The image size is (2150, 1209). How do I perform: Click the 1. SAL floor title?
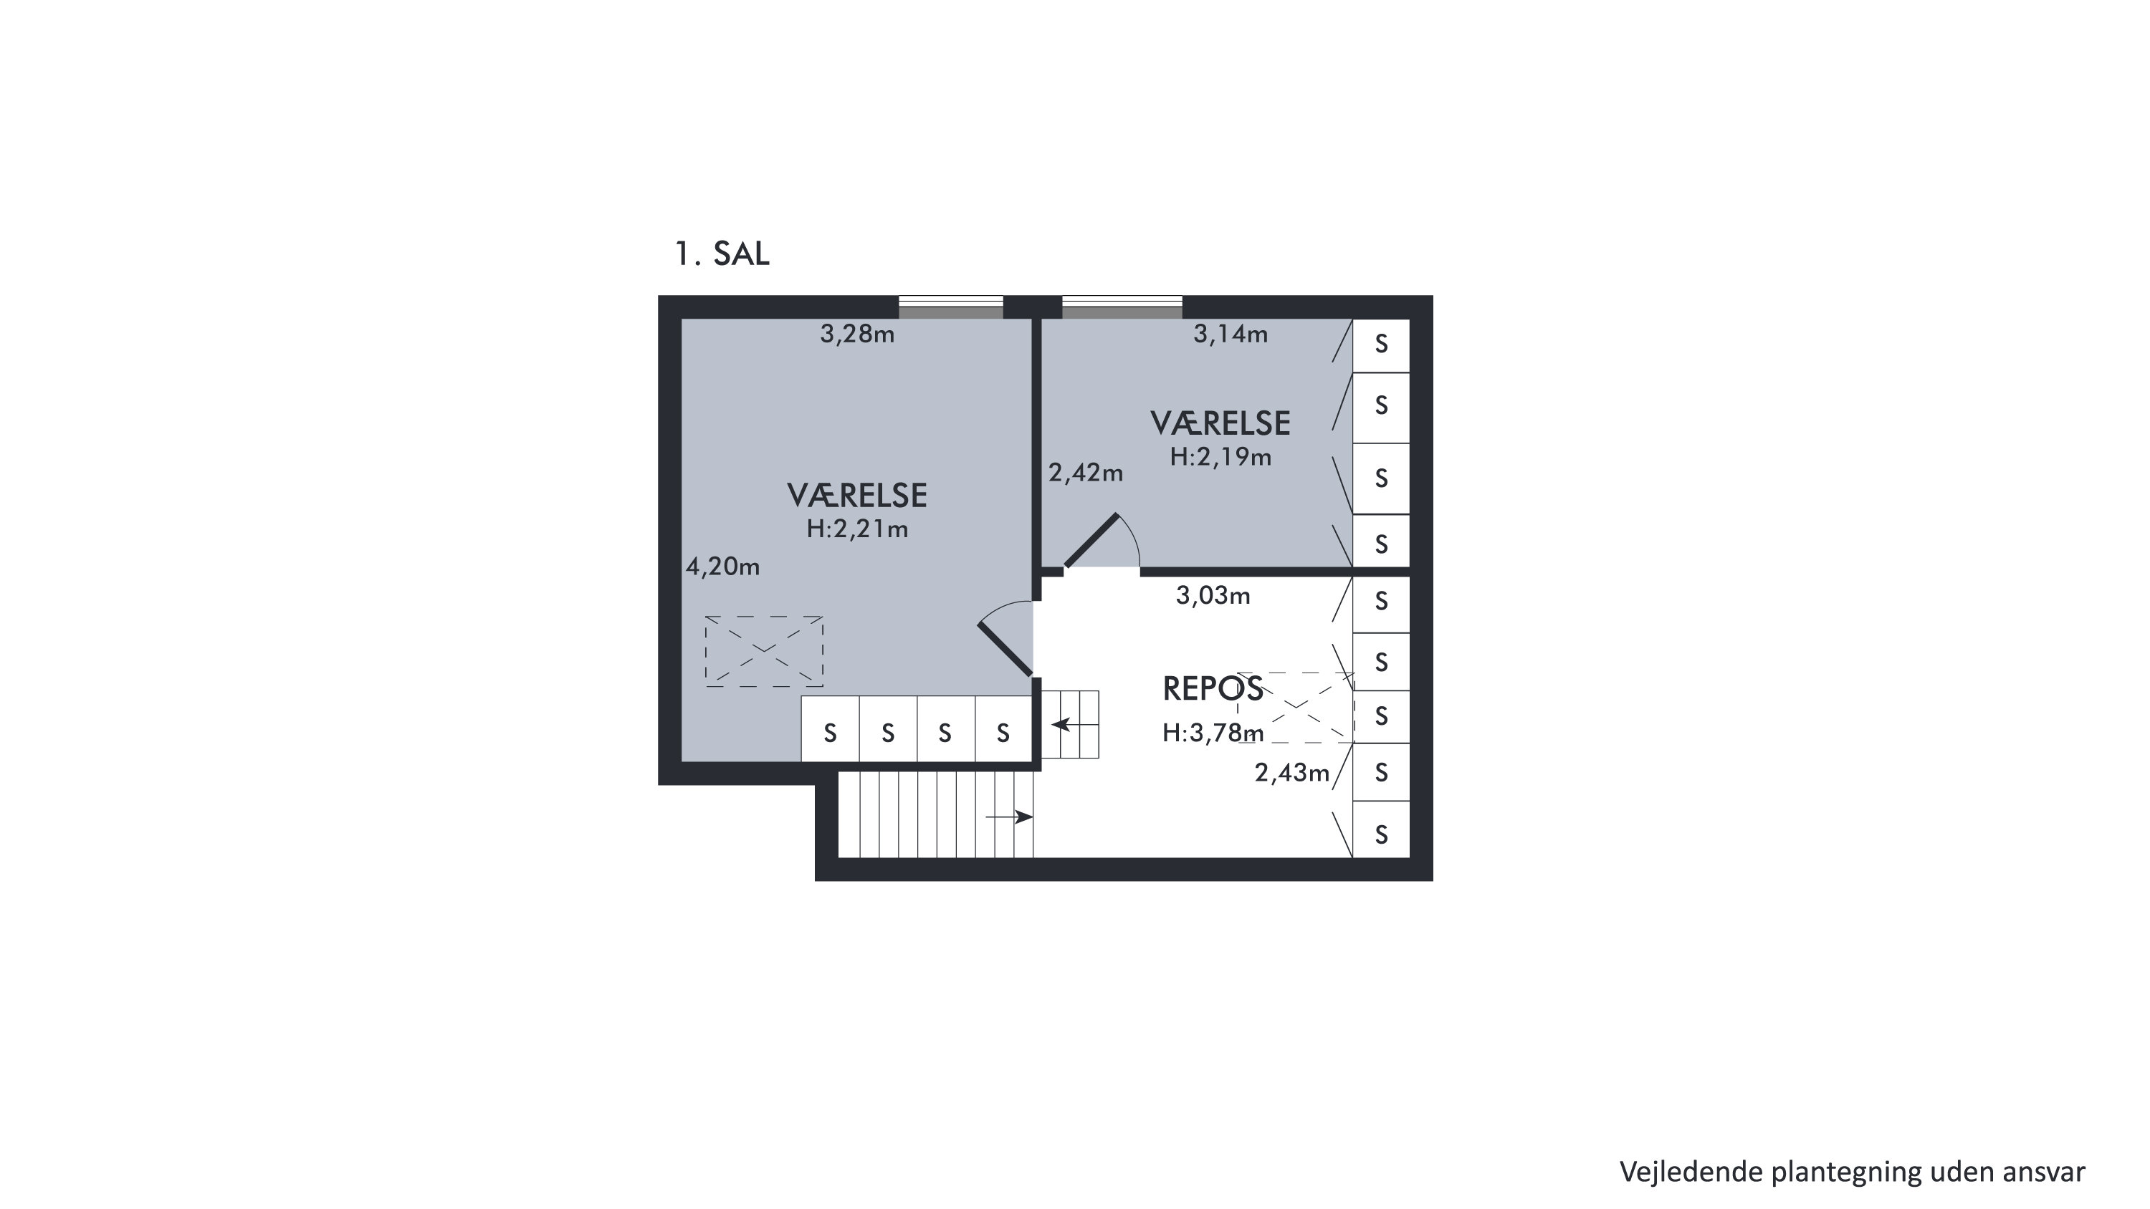tap(722, 254)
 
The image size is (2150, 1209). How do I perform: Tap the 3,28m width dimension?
tap(857, 334)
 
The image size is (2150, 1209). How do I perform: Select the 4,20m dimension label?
tap(723, 567)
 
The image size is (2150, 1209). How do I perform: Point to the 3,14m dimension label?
tap(1231, 334)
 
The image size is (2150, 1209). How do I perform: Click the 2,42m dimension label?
tap(1086, 473)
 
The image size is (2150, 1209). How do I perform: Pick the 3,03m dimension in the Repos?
tap(1213, 596)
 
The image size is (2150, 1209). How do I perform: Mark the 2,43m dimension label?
tap(1292, 774)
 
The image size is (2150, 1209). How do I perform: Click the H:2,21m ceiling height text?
tap(857, 529)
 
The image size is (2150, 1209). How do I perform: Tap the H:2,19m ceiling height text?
tap(1220, 457)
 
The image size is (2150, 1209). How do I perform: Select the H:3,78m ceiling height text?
tap(1213, 733)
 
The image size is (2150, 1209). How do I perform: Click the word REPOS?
tap(1213, 689)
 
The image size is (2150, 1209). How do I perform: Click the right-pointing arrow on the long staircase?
tap(1009, 817)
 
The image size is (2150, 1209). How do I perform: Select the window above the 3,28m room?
tap(950, 307)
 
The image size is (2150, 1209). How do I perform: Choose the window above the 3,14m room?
tap(1122, 307)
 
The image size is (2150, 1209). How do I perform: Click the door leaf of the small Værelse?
tap(1091, 541)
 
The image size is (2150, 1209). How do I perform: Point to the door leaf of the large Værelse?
tap(1005, 647)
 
